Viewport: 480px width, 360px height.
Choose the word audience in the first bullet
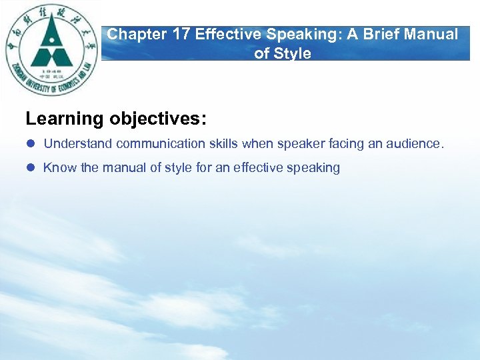coord(418,144)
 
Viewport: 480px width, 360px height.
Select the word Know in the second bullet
coord(60,168)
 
